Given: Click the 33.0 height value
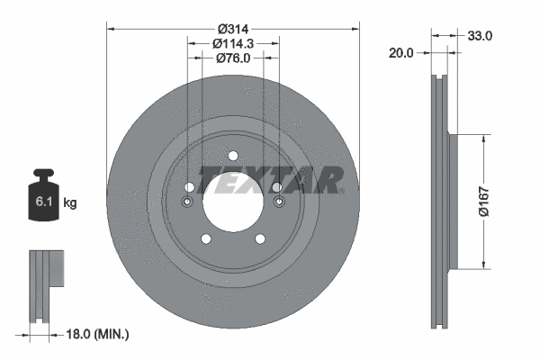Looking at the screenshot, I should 480,36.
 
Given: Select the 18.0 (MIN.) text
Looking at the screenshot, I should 98,334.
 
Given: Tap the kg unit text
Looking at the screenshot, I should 70,203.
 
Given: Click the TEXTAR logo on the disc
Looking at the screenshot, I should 271,180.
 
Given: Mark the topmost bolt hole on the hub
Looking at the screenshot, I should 232,155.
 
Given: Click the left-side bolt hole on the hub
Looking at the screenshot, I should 189,187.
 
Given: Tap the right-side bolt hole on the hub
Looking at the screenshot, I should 277,187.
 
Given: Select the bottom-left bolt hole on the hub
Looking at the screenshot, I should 205,238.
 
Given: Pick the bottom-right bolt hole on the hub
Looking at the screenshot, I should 260,238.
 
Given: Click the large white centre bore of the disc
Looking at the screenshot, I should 232,202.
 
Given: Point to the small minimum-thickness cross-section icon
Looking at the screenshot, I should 45,283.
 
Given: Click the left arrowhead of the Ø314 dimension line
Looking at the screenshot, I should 112,28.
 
